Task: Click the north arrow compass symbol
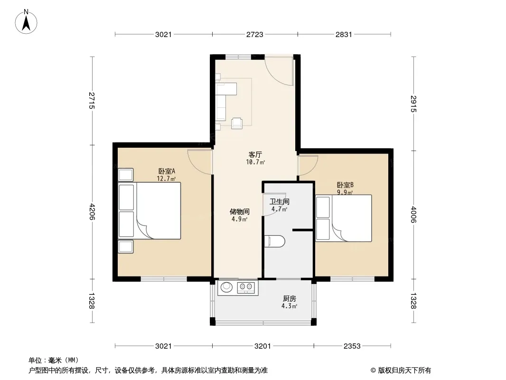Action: (26, 22)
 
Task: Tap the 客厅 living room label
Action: (255, 155)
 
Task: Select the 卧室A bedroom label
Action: (167, 171)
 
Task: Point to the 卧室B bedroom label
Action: (345, 185)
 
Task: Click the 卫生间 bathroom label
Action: (280, 202)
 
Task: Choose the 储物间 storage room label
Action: (239, 212)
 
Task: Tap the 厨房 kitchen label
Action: (289, 299)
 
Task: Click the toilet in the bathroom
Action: (275, 241)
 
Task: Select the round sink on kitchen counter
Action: (226, 286)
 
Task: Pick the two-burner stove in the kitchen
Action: (246, 287)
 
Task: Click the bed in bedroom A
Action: (149, 211)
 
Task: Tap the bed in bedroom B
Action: (344, 218)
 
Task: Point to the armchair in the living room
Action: (237, 123)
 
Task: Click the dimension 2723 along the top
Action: (255, 34)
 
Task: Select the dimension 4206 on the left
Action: (92, 211)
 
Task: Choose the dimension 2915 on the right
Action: (413, 104)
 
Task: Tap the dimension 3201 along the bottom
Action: (262, 346)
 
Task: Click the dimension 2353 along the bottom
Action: (352, 346)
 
